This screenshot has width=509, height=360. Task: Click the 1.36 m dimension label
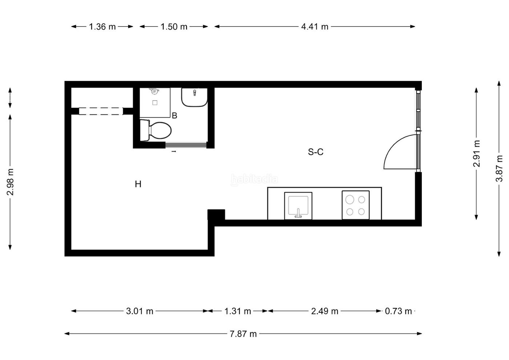point(102,27)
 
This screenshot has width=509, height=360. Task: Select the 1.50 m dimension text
point(174,27)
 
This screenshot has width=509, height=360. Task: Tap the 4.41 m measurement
point(315,27)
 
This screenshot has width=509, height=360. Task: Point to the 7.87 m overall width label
point(243,334)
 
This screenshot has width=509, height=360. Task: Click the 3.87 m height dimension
point(499,169)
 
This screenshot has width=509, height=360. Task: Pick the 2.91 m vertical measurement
point(477,154)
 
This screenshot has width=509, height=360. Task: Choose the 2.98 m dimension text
point(10,182)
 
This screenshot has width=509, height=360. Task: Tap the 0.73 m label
point(398,311)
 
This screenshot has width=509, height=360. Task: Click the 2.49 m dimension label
point(325,311)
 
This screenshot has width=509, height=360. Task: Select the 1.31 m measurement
point(238,311)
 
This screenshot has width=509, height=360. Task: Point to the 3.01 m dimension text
point(140,311)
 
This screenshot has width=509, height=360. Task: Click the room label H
point(138,184)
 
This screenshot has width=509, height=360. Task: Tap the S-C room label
point(316,152)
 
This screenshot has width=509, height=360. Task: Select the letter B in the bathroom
point(175,116)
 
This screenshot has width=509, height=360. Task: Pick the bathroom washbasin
point(194,97)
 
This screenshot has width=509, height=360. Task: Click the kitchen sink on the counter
point(298,206)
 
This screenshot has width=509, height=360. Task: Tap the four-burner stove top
point(356,205)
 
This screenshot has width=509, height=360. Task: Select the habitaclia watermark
point(254,179)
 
